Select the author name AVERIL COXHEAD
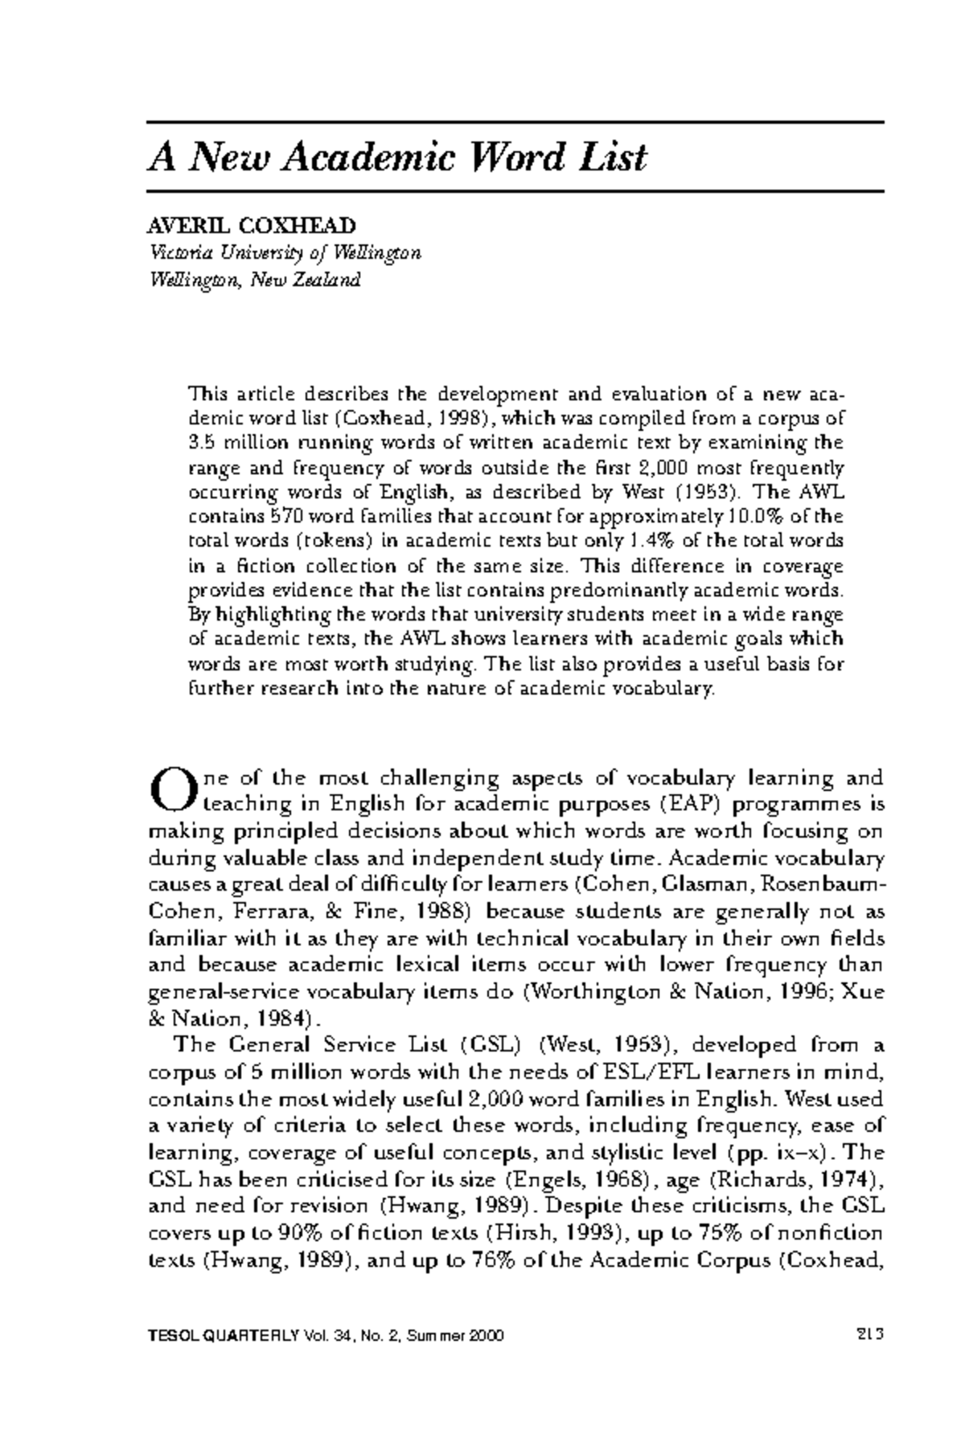coord(252,226)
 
